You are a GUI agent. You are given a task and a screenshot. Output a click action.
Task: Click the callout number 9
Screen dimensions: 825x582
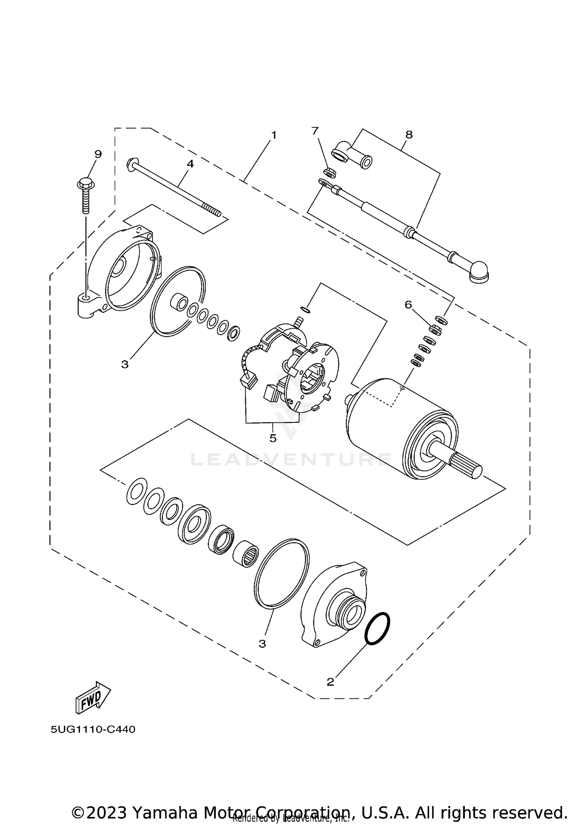click(x=98, y=154)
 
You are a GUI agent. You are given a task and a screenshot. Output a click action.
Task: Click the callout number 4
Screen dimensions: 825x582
click(x=190, y=164)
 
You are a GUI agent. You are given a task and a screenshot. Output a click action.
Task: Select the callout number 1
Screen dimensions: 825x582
click(x=274, y=135)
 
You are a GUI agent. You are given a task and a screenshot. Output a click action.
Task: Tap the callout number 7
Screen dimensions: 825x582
click(x=315, y=131)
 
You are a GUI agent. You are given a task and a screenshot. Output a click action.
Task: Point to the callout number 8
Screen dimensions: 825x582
click(x=409, y=135)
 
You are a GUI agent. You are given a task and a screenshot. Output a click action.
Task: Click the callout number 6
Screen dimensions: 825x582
click(x=408, y=305)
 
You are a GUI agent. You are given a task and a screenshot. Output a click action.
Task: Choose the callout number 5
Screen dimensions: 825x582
click(x=273, y=438)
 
